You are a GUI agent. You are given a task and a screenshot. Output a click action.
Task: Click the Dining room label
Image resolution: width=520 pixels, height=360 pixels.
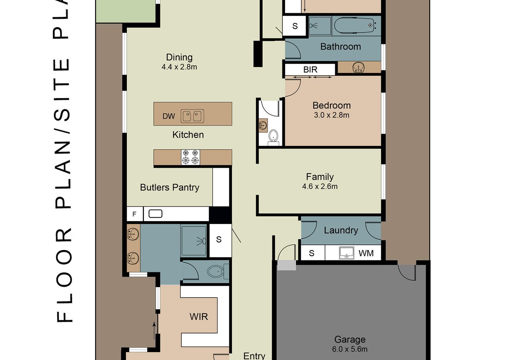point(179,57)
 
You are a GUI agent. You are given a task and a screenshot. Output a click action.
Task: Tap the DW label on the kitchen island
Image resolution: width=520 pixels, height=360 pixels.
point(169,116)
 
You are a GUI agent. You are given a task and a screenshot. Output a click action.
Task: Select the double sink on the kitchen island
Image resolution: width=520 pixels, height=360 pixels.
point(192,116)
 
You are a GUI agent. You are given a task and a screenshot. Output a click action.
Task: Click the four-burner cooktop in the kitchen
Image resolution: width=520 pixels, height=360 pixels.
point(190,157)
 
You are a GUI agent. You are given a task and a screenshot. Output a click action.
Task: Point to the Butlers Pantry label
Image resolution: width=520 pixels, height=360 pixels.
point(170,187)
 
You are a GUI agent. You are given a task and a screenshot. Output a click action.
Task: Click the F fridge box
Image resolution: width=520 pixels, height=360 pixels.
point(135,214)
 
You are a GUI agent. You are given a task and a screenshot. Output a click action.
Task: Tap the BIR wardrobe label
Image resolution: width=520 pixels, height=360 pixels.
point(310,70)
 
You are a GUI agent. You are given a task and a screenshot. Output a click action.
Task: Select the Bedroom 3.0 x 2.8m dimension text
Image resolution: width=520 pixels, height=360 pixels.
point(332,115)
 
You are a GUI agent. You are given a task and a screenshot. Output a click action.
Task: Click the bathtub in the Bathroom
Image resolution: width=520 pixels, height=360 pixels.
point(356,25)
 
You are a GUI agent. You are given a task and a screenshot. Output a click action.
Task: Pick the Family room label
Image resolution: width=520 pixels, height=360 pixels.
point(320,177)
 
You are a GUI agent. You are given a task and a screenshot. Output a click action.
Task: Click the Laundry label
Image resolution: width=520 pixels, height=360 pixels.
point(341,230)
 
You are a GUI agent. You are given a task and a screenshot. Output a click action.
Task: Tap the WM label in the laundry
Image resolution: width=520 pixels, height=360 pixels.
point(366,253)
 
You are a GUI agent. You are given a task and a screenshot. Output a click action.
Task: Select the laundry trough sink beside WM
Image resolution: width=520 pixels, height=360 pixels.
point(346,253)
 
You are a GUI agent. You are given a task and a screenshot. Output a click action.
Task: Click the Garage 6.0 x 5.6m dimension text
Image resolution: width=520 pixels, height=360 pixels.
point(350,349)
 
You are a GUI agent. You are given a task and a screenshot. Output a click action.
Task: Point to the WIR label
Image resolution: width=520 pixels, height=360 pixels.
point(199,316)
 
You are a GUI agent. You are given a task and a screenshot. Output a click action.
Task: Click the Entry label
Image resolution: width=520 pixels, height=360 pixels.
point(254,356)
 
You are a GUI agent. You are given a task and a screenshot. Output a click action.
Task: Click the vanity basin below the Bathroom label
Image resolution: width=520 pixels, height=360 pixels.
point(359,68)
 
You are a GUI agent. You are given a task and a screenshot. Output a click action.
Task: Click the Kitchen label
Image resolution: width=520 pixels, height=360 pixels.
point(188,135)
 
